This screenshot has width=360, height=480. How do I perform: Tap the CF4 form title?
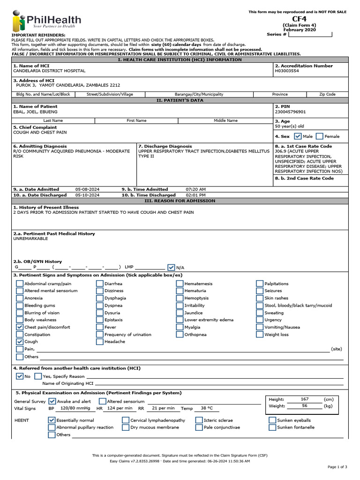pyautogui.click(x=299, y=19)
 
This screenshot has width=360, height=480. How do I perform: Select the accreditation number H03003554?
pyautogui.click(x=288, y=71)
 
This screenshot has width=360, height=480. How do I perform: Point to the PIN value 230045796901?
pyautogui.click(x=290, y=112)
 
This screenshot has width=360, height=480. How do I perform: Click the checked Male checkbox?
pyautogui.click(x=298, y=136)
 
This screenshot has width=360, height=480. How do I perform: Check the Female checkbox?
pyautogui.click(x=320, y=136)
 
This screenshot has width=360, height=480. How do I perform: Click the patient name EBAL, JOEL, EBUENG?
pyautogui.click(x=35, y=112)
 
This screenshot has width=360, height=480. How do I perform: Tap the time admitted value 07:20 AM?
pyautogui.click(x=195, y=189)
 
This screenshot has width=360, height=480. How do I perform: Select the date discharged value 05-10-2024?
pyautogui.click(x=87, y=195)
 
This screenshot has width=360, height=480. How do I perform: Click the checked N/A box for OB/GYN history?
pyautogui.click(x=171, y=267)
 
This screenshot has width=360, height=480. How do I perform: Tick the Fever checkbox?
pyautogui.click(x=100, y=327)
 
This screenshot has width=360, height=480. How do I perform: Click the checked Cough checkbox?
pyautogui.click(x=20, y=342)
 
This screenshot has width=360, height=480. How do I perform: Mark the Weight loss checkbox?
pyautogui.click(x=260, y=335)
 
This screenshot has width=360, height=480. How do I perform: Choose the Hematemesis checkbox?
pyautogui.click(x=180, y=284)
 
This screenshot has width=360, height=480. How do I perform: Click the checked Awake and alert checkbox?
pyautogui.click(x=52, y=401)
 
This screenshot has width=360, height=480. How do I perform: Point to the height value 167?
pyautogui.click(x=305, y=399)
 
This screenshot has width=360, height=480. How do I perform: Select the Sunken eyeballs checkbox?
pyautogui.click(x=272, y=420)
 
